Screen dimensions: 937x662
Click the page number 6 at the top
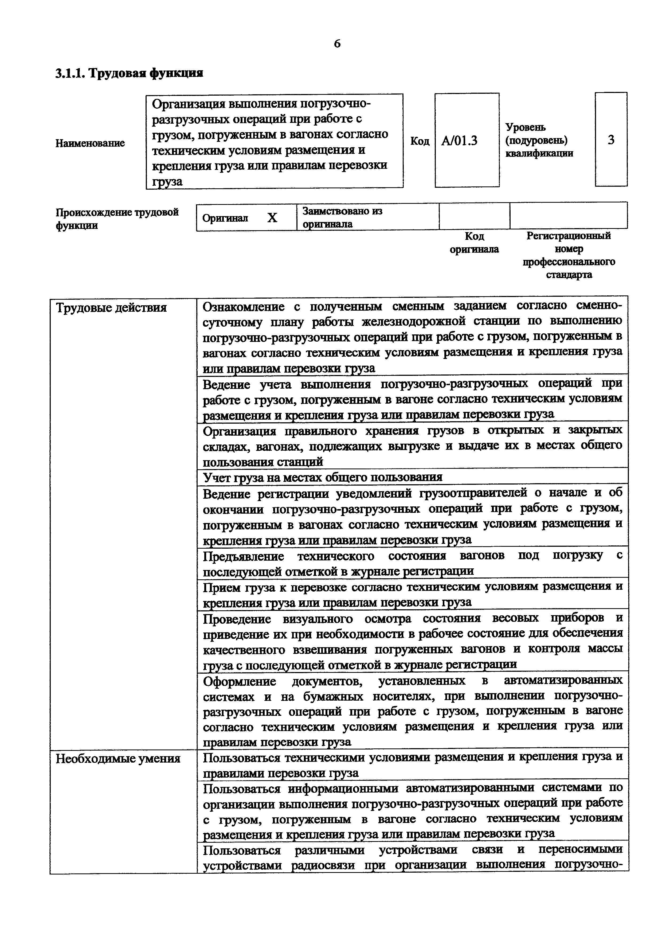click(x=337, y=44)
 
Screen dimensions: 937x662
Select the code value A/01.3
click(x=460, y=141)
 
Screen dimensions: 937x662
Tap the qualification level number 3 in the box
click(x=611, y=140)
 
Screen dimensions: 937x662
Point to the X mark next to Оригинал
click(x=272, y=218)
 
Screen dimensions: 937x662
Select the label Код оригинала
click(x=474, y=243)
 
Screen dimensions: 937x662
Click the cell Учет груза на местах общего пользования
click(x=322, y=477)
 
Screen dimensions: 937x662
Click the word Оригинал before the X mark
click(x=225, y=218)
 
